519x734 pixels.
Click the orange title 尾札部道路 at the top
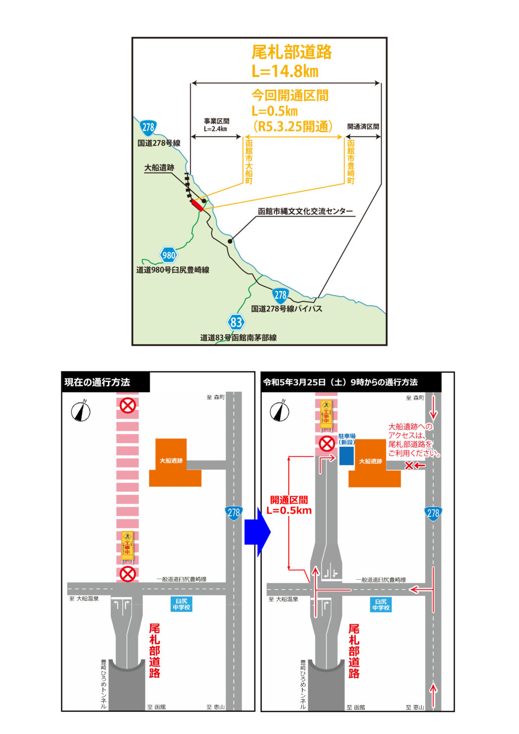[291, 52]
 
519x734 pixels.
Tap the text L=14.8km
[285, 71]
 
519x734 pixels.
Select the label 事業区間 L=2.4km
[216, 124]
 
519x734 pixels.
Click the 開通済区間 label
[363, 126]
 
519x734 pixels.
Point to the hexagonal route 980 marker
[169, 255]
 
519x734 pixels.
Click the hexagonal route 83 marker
[236, 322]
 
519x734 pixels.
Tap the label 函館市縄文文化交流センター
[305, 211]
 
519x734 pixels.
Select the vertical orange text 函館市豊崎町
[351, 162]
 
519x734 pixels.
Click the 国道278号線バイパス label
[286, 308]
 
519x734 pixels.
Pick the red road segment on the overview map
[197, 205]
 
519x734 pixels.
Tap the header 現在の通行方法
[97, 382]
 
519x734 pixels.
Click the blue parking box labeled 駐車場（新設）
[346, 456]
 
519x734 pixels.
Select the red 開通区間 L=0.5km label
[289, 505]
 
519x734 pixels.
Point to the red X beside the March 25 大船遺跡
[409, 465]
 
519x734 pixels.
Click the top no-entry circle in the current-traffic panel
[128, 406]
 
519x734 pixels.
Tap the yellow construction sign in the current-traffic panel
[128, 546]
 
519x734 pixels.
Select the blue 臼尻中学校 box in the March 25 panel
[381, 604]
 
